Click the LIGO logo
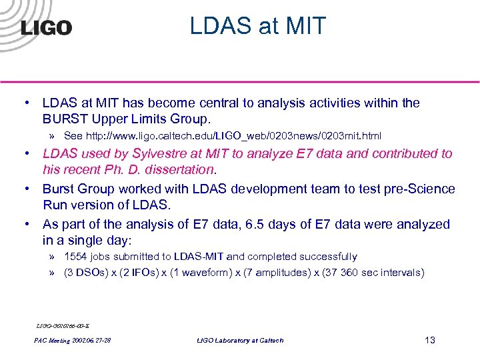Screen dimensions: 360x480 (45, 27)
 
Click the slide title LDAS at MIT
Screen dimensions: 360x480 (258, 26)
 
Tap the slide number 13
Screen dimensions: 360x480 (429, 340)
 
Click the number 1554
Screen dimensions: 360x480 (77, 257)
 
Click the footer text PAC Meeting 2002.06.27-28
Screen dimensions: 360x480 (72, 341)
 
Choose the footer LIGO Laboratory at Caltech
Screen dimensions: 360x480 (240, 341)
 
